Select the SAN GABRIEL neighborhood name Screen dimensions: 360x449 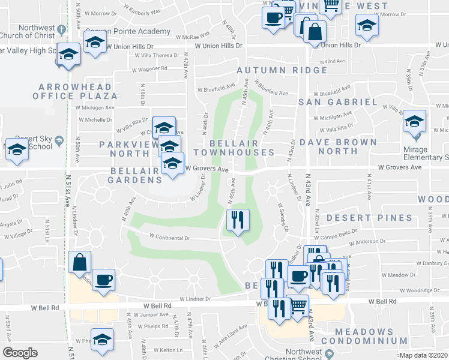(338, 102)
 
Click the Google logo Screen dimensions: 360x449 (20, 353)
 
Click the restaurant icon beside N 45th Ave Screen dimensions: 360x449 (237, 220)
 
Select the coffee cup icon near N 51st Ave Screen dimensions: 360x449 (103, 279)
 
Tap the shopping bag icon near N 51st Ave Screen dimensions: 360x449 (79, 262)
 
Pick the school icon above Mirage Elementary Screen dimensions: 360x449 (414, 122)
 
